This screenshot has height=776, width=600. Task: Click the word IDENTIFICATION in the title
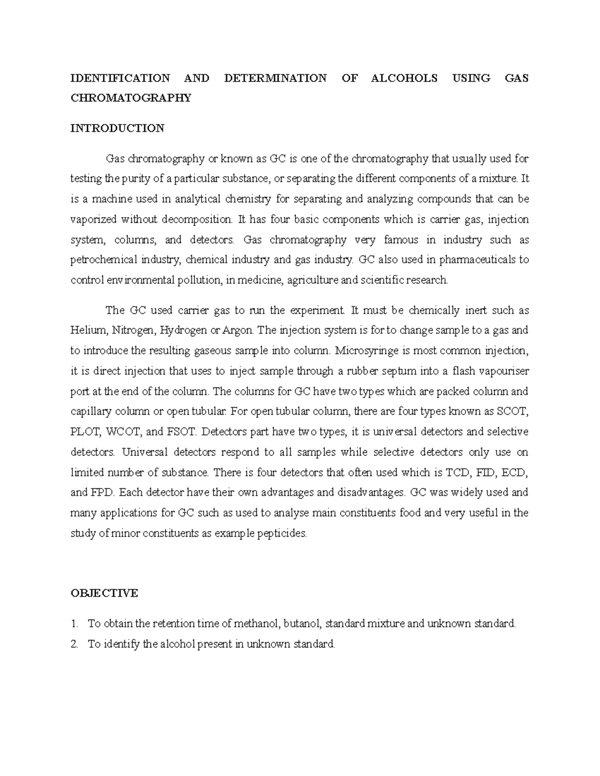[x=120, y=78]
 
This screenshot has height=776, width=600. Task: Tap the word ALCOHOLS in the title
[x=405, y=78]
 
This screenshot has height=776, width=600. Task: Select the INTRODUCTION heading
[x=117, y=128]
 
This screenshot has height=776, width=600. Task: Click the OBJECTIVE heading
[x=104, y=593]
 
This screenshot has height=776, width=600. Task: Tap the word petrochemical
[x=104, y=260]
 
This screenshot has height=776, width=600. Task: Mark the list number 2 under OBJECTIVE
[x=74, y=644]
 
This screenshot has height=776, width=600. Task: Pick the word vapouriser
[x=502, y=371]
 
